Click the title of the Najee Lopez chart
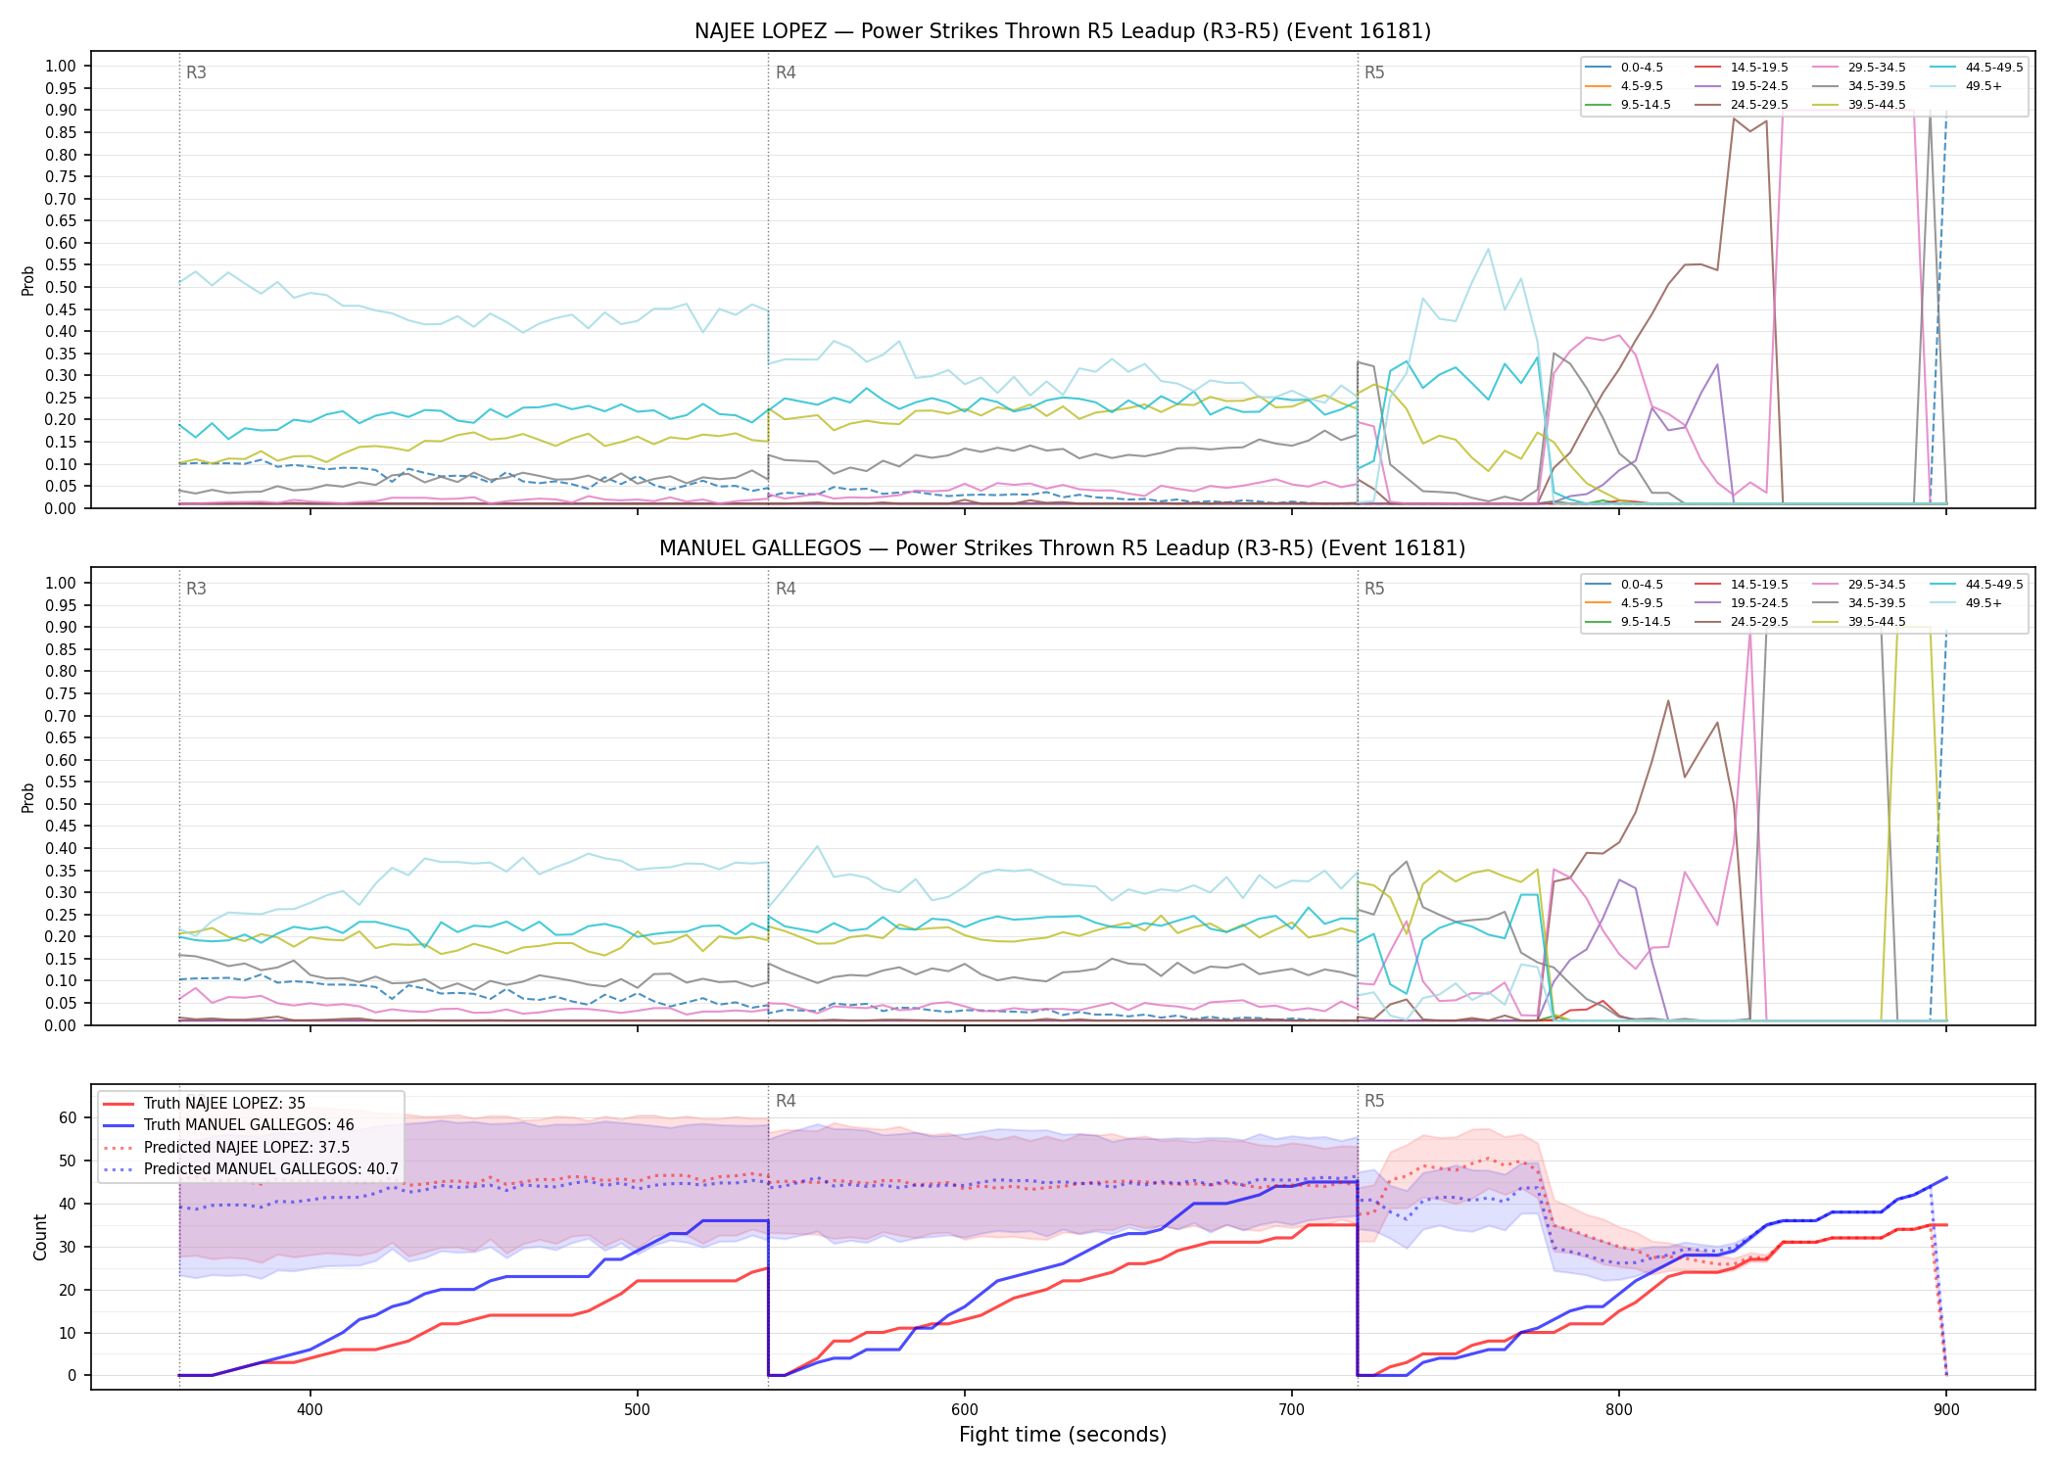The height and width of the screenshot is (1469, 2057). (x=1063, y=31)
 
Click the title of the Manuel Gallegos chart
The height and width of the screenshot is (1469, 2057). (x=1063, y=548)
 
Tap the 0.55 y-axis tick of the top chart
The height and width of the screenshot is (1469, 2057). (x=61, y=265)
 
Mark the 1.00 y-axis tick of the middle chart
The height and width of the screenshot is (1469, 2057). (x=61, y=584)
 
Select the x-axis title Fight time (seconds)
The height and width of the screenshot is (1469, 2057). (x=1063, y=1436)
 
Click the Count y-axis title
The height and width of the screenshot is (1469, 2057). (x=41, y=1237)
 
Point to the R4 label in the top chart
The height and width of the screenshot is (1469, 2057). (x=786, y=72)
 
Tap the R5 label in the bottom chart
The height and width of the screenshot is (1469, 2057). (x=1374, y=1101)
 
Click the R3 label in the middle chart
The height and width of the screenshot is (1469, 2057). (x=196, y=589)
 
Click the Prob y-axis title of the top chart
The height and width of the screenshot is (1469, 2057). (x=28, y=280)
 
